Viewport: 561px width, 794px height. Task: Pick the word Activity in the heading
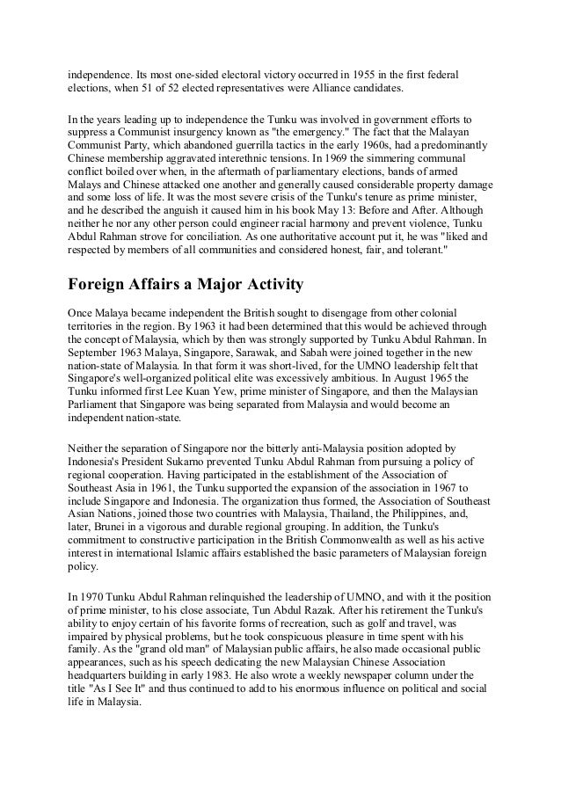(x=264, y=285)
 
